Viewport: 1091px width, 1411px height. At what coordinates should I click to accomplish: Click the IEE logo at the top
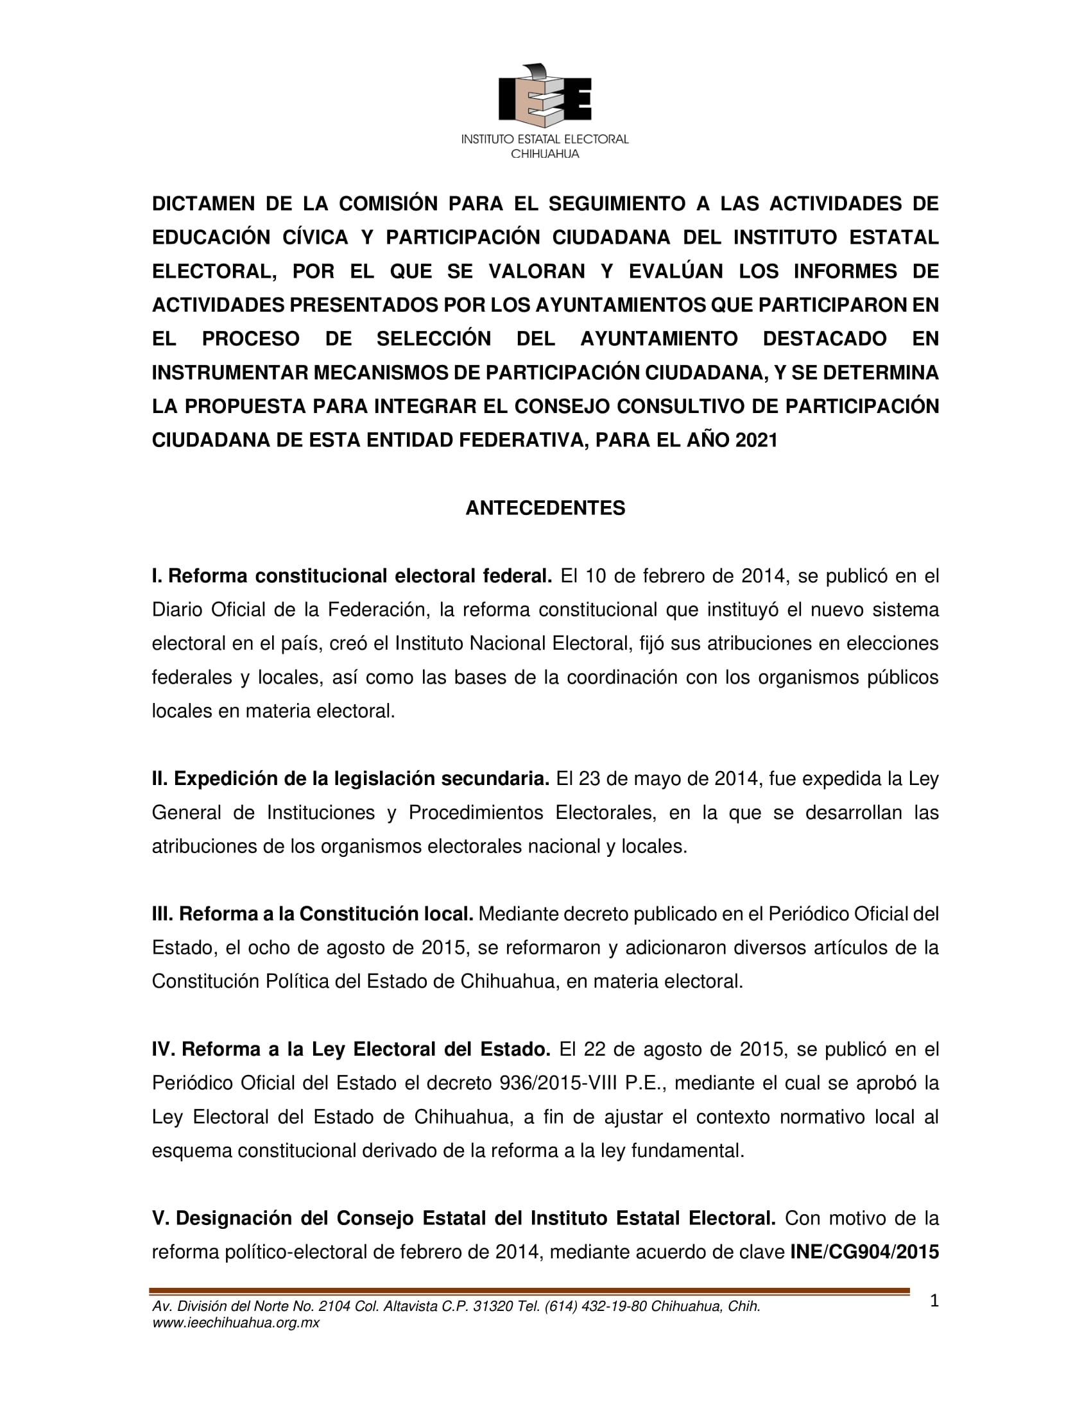(x=545, y=96)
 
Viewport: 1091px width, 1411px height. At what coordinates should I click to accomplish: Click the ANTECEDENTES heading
(x=545, y=508)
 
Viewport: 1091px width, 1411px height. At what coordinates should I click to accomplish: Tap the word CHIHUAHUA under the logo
(x=545, y=154)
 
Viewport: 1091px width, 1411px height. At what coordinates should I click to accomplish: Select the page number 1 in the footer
(x=934, y=1301)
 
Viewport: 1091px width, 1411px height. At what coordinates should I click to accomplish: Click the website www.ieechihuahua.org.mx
(x=236, y=1322)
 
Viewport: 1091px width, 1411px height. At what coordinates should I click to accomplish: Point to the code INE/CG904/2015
(x=864, y=1252)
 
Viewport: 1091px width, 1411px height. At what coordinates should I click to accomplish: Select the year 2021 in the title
(x=756, y=440)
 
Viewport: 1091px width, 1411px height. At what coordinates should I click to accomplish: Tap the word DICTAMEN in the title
(x=203, y=203)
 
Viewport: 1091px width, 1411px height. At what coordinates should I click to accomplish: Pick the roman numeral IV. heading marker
(x=164, y=1049)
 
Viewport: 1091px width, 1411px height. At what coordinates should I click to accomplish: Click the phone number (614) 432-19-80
(x=596, y=1306)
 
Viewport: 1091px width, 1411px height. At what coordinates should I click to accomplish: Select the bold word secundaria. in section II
(x=495, y=779)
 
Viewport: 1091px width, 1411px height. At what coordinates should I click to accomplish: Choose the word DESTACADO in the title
(x=824, y=339)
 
